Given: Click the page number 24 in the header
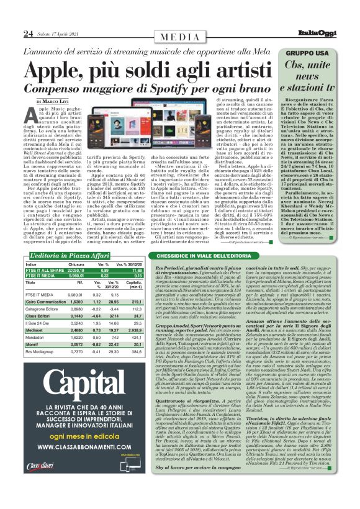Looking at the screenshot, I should (28, 33).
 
